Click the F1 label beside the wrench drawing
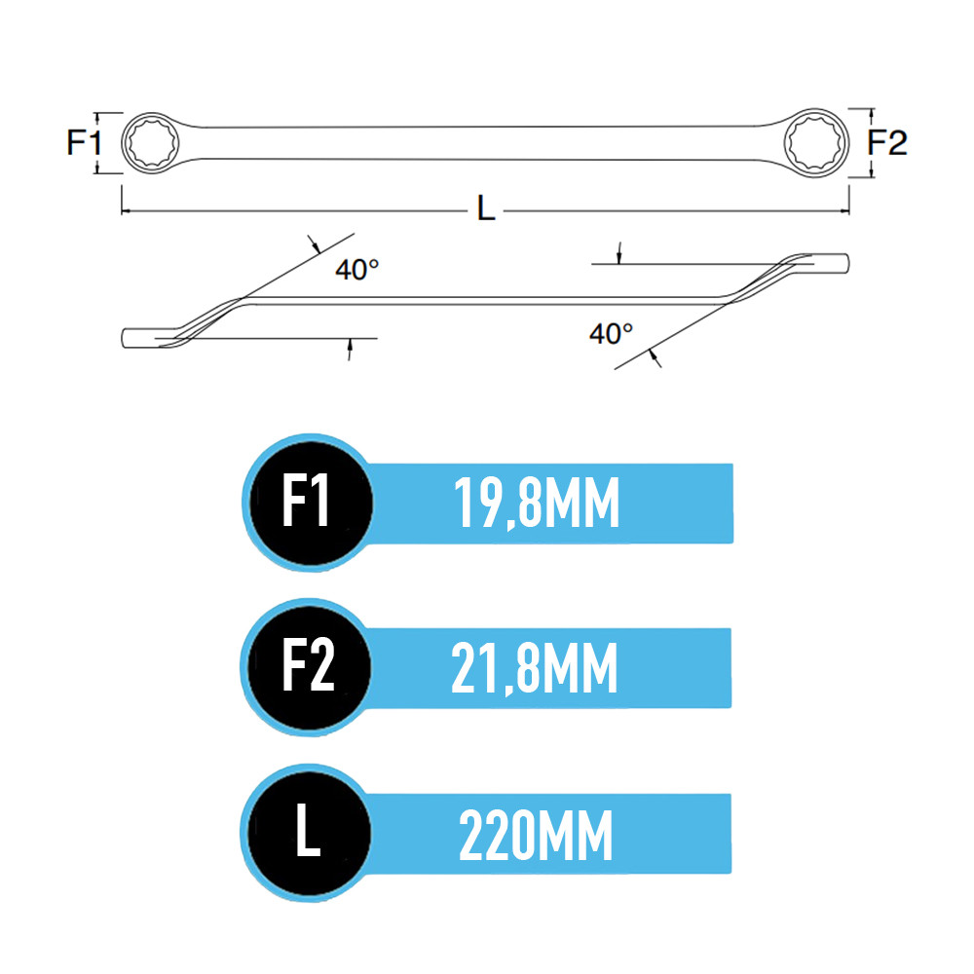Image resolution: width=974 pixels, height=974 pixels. click(x=84, y=142)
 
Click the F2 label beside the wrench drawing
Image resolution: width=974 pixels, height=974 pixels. click(x=887, y=142)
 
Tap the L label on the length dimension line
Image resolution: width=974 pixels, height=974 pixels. click(x=486, y=208)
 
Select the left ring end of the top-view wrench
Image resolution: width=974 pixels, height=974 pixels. click(x=150, y=143)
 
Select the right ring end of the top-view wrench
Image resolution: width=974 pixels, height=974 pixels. click(x=816, y=142)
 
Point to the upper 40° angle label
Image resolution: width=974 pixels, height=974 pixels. click(x=357, y=270)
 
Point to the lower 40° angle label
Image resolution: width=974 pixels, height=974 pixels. click(x=612, y=333)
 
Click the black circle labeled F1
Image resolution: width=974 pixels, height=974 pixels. click(x=310, y=502)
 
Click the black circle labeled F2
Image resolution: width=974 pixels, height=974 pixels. click(x=309, y=666)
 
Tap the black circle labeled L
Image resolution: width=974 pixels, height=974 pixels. click(x=309, y=833)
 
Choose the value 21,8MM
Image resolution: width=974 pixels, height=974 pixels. click(x=535, y=668)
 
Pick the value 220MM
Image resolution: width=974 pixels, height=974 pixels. click(x=536, y=835)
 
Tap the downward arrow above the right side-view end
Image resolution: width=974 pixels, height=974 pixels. click(x=618, y=253)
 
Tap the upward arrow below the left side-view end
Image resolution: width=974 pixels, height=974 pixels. click(x=350, y=350)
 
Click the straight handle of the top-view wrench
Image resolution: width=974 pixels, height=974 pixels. click(x=484, y=143)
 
